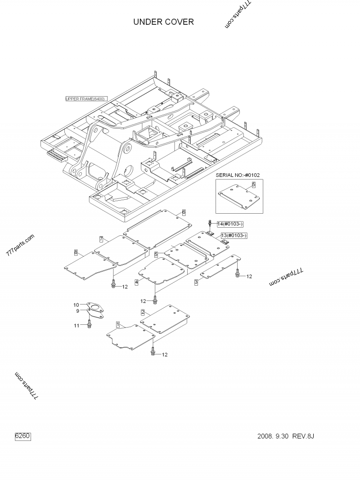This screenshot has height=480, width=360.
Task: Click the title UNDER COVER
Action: click(163, 22)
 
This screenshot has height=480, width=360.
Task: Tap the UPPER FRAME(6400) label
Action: click(86, 99)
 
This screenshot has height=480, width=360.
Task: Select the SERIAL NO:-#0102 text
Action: click(238, 175)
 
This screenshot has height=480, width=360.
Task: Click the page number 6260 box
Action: click(22, 436)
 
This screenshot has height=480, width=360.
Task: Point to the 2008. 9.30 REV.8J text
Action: click(286, 436)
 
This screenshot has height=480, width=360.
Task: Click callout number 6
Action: click(184, 212)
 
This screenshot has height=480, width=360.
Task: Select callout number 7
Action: click(101, 239)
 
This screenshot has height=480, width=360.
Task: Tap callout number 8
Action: click(76, 252)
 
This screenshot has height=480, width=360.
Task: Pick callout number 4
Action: click(136, 282)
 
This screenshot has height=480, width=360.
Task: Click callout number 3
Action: click(196, 282)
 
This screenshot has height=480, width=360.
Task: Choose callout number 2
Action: click(143, 312)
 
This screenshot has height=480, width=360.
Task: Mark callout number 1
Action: click(117, 324)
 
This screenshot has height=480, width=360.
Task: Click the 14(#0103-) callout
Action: click(230, 224)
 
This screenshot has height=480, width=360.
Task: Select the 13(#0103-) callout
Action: click(234, 235)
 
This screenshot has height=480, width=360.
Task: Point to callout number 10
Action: click(76, 305)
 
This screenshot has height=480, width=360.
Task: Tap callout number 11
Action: click(76, 326)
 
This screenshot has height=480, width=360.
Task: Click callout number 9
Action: click(78, 311)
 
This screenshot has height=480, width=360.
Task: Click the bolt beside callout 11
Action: click(89, 323)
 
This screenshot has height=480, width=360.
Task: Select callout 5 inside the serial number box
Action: click(253, 185)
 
